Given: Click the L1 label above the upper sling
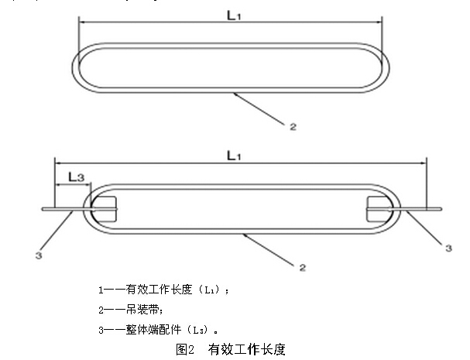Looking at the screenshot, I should [x=233, y=14].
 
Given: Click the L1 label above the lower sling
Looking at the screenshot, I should [x=233, y=155].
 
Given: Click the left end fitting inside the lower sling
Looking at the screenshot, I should [x=104, y=208].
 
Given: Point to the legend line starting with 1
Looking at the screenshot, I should [x=164, y=290].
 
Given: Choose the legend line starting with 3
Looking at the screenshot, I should [x=163, y=327].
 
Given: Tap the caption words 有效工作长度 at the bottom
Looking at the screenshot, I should [x=247, y=349].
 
